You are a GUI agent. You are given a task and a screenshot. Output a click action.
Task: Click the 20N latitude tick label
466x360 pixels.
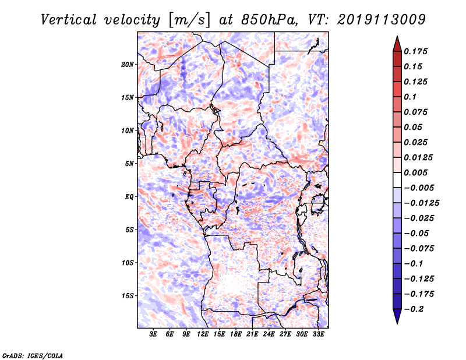(128, 64)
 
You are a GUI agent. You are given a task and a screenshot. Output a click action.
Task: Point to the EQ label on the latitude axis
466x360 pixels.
(129, 197)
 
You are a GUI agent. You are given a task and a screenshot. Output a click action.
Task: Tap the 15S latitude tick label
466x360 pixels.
(128, 296)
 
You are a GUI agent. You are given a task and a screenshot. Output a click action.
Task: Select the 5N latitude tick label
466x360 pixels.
(129, 164)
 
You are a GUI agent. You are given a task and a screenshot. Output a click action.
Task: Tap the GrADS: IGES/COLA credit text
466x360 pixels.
(32, 355)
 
